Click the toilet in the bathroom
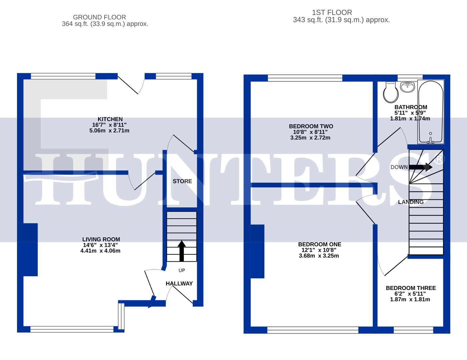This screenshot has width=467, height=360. [391, 92]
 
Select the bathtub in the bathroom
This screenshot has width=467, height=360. [430, 112]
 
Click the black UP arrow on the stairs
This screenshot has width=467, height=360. [181, 251]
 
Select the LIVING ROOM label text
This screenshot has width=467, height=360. [101, 239]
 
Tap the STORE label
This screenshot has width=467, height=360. [182, 181]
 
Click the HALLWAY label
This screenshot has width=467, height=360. [179, 284]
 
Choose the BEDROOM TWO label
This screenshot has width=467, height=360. [311, 126]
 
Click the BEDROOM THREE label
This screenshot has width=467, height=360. [411, 288]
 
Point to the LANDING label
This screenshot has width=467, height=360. [411, 202]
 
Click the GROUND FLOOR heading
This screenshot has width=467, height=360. [99, 17]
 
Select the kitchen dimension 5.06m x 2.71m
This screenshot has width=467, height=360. [109, 131]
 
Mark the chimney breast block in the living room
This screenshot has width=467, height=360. [30, 249]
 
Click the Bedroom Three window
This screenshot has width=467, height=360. [413, 330]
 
